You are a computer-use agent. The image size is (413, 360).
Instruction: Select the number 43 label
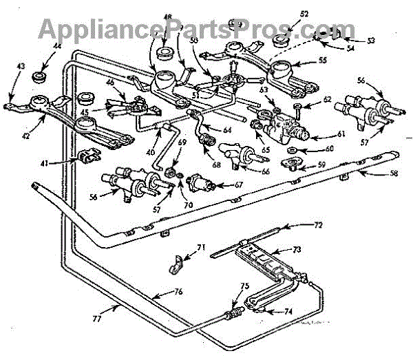[x=21, y=66]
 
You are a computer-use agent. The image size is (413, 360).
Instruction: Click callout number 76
[x=178, y=293]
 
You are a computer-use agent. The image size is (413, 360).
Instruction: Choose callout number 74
[x=288, y=311]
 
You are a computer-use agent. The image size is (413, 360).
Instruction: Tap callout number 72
[x=317, y=224]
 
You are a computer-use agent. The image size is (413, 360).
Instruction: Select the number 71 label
[x=201, y=248]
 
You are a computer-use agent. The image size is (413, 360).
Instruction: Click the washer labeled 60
[x=292, y=149]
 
